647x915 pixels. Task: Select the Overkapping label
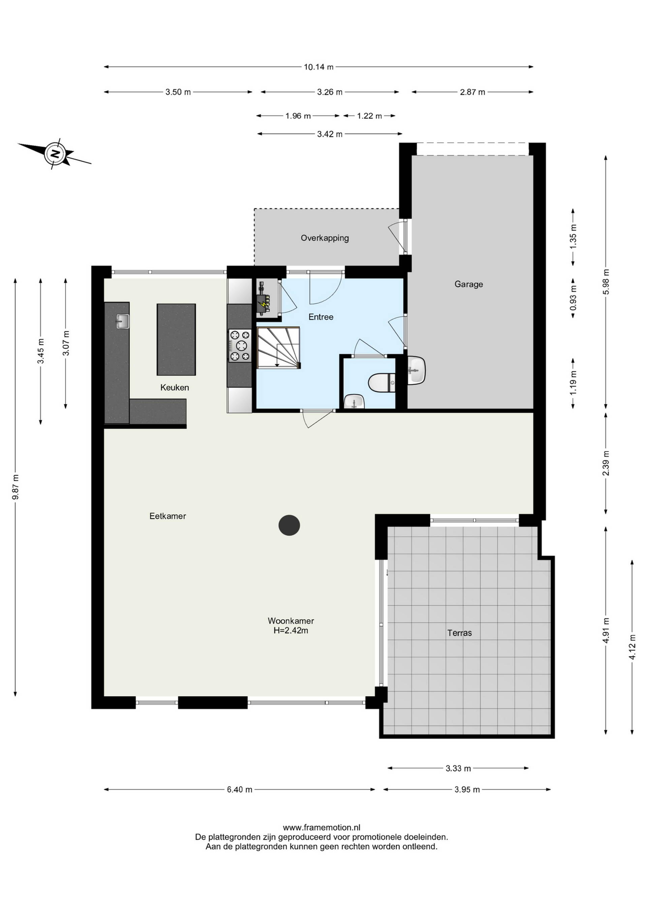(325, 238)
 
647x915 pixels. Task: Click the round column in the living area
(289, 525)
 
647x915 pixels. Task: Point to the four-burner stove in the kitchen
(240, 345)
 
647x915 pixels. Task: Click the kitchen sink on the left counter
(122, 321)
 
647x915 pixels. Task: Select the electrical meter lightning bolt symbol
(263, 304)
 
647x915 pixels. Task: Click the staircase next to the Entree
(278, 348)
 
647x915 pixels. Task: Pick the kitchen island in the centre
(176, 339)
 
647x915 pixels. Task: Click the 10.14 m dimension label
(319, 67)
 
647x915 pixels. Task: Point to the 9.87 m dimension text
(15, 487)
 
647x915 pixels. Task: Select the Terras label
(459, 633)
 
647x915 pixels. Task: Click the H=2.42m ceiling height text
(290, 630)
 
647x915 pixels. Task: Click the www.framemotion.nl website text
(321, 828)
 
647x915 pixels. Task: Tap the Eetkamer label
(168, 516)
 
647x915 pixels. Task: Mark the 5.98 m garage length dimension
(606, 282)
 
